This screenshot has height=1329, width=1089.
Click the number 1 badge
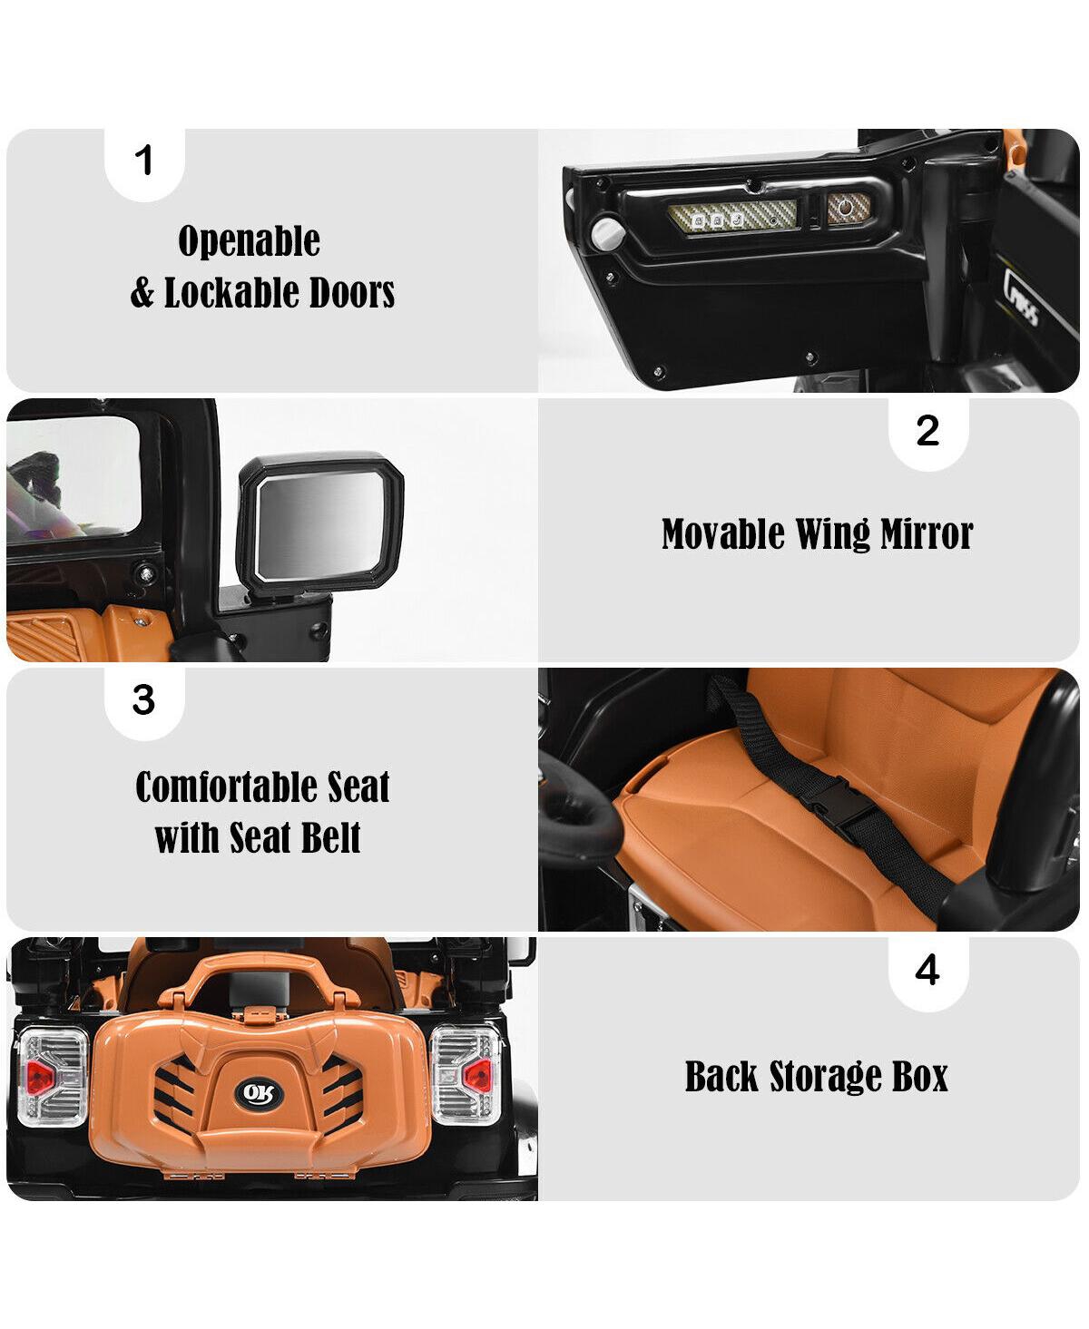tap(144, 162)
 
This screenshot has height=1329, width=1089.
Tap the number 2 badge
tap(927, 434)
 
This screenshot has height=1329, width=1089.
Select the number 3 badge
tap(144, 702)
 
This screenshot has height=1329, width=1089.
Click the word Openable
tap(249, 240)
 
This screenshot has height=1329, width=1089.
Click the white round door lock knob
tap(607, 232)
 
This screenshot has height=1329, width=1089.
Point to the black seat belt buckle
tap(837, 806)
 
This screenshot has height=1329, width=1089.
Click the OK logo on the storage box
tap(260, 1095)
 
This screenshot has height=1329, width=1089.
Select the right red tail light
tap(476, 1074)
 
